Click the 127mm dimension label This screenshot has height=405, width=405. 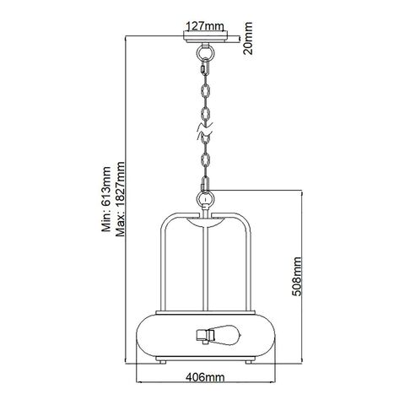tap(205, 26)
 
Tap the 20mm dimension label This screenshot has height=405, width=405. tap(248, 38)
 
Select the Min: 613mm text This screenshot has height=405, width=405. tap(106, 199)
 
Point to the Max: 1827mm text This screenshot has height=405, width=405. tap(120, 199)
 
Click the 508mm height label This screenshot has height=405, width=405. tap(296, 277)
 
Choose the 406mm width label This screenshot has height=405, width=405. tap(205, 377)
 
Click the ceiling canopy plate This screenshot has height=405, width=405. tap(205, 37)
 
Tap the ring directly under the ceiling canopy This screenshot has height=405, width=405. tap(205, 52)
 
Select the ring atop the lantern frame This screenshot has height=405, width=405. tap(205, 199)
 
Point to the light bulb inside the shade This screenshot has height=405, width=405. tap(227, 334)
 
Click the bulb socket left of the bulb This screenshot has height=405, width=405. tap(204, 335)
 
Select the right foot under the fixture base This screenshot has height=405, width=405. tap(248, 361)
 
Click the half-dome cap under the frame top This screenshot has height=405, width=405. tap(205, 222)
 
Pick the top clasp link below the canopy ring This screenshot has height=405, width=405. tap(205, 67)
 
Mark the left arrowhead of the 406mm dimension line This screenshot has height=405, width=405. tap(139, 382)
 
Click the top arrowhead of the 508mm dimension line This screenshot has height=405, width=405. tap(302, 193)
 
